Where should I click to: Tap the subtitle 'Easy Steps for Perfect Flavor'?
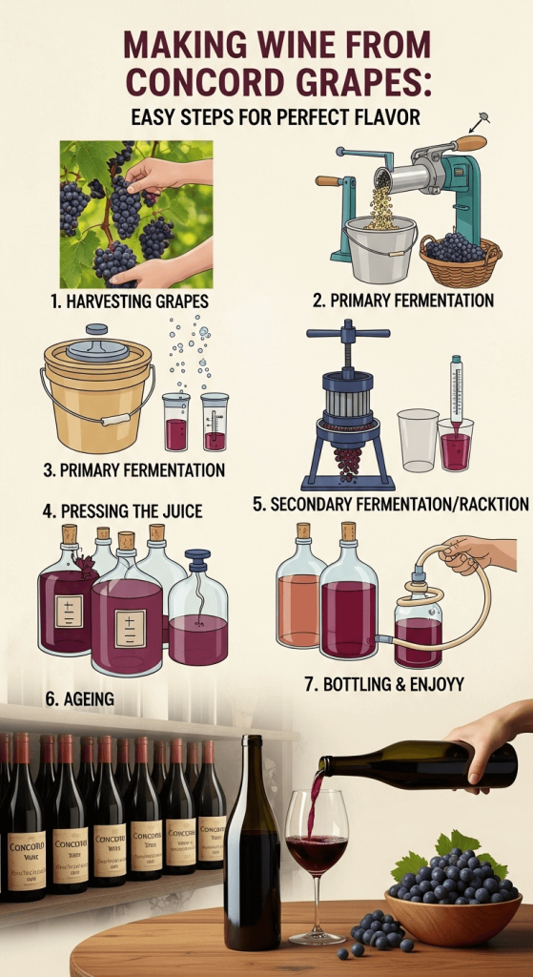coord(266,119)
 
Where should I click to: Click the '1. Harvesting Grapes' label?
coord(129,301)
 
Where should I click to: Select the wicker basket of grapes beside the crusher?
coord(460,259)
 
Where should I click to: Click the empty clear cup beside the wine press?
coord(418,440)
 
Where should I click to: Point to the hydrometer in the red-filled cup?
coord(457,401)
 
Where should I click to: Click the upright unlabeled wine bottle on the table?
coord(252,849)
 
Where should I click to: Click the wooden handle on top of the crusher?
coord(469,143)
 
